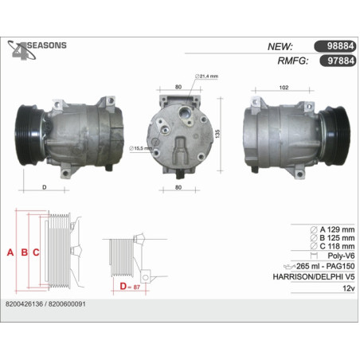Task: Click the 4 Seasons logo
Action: point(37,50)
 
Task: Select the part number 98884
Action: point(341,46)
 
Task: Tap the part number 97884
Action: point(341,61)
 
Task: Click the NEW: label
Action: point(280,46)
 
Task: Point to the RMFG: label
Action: point(293,61)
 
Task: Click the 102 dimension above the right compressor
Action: point(284,88)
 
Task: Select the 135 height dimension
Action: point(217,134)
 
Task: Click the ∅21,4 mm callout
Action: point(206,76)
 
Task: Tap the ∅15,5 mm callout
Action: point(140,148)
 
